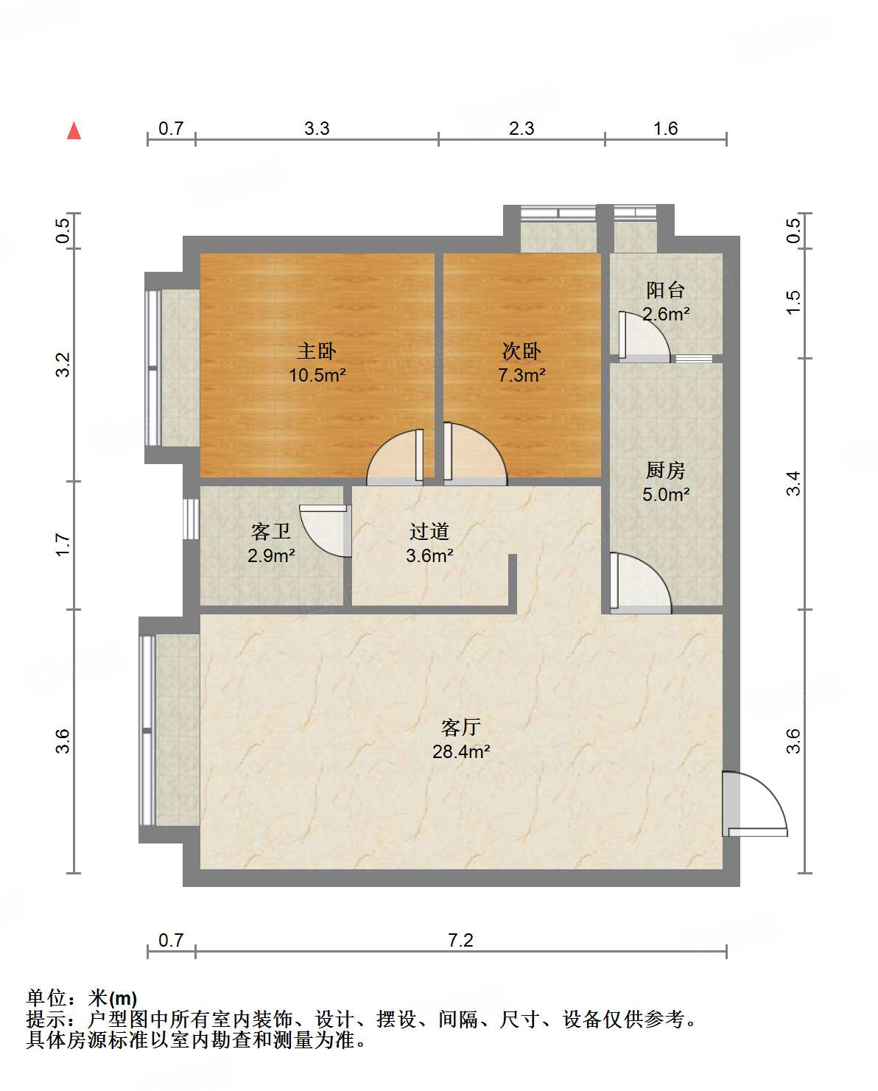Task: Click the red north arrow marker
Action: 74,130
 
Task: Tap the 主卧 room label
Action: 317,351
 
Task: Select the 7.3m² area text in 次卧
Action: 521,375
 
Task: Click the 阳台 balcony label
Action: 665,290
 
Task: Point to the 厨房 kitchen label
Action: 665,470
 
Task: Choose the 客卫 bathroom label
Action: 271,531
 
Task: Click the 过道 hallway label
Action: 429,531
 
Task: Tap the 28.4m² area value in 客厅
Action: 461,752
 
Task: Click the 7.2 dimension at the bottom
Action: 460,940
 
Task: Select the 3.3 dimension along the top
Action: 317,128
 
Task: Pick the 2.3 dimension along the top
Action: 521,128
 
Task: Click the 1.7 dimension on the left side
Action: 63,545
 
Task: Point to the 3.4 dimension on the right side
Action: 793,483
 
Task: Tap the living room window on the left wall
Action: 147,730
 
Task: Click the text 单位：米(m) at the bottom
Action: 82,998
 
